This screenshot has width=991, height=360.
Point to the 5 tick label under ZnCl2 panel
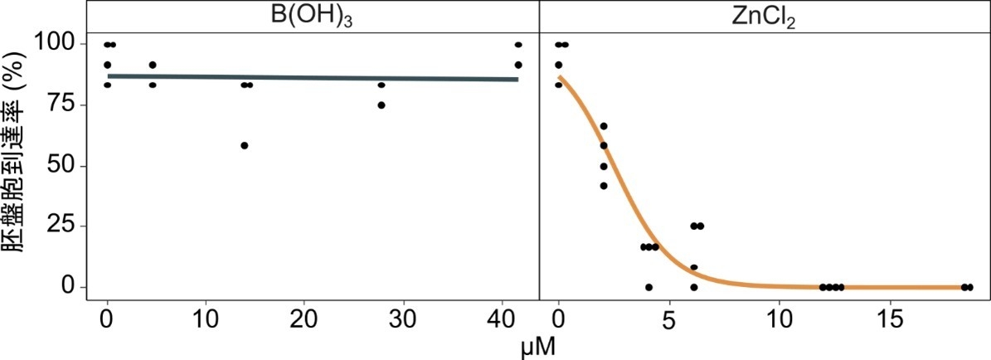(x=668, y=320)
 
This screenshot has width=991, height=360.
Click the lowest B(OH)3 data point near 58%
(x=245, y=145)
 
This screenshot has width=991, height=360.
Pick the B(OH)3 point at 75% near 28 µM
(x=381, y=105)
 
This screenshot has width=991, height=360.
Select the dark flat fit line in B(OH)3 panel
(x=312, y=78)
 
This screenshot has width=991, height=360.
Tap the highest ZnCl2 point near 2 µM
(x=604, y=126)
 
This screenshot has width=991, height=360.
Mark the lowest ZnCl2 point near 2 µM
(x=604, y=185)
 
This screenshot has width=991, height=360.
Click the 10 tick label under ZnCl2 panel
(x=778, y=320)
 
